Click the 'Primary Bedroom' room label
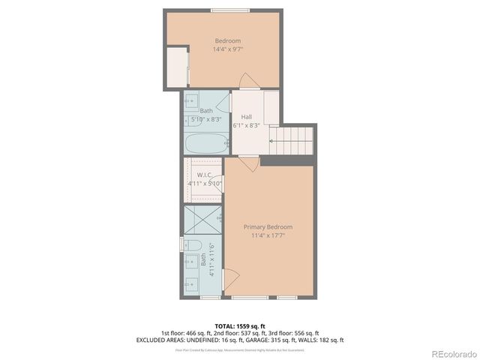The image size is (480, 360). tap(268, 226)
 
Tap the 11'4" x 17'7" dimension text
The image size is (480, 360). tap(268, 235)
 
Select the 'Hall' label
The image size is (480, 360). tap(246, 117)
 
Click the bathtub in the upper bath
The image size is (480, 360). tap(205, 142)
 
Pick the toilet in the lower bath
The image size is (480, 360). tap(191, 245)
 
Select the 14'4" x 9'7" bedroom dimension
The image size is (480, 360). tap(228, 49)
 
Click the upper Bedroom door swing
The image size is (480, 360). tap(250, 80)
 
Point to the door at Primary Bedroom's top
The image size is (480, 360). tap(248, 163)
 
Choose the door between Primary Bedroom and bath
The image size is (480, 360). tap(231, 279)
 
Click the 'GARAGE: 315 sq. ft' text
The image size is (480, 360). tap(258, 340)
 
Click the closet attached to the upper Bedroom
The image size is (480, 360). tap(177, 67)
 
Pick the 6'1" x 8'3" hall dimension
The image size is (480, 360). tap(246, 126)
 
